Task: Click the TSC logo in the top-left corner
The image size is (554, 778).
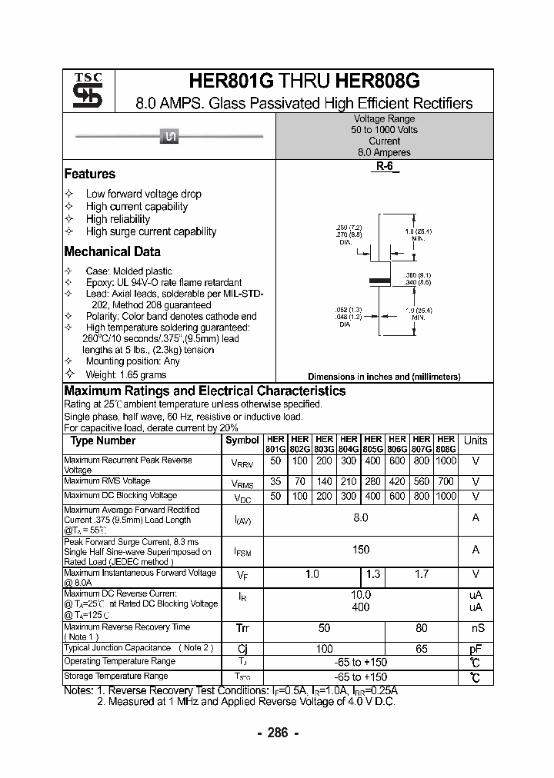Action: [x=88, y=90]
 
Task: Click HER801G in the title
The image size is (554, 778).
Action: [x=231, y=82]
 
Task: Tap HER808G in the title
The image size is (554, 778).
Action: [x=378, y=82]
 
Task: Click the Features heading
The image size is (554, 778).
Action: [x=90, y=174]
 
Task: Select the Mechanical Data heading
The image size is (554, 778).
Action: [x=112, y=251]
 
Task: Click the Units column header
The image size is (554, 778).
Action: [x=476, y=441]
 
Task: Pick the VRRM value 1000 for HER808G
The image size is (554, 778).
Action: [x=446, y=460]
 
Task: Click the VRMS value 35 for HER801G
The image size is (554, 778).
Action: [x=275, y=482]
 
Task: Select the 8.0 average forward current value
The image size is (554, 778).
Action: [x=360, y=518]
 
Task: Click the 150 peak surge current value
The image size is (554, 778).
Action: [x=360, y=549]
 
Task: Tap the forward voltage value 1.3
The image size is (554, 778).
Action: [x=373, y=574]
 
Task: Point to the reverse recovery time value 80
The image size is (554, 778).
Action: [x=421, y=627]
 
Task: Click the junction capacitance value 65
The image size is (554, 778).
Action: [x=421, y=649]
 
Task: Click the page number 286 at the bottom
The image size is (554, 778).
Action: [x=277, y=733]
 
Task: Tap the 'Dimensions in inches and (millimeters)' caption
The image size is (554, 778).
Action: [x=384, y=377]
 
